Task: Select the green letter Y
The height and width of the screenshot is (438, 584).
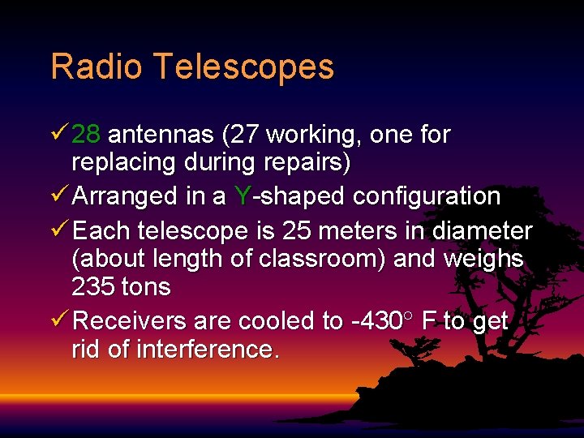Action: pyautogui.click(x=242, y=196)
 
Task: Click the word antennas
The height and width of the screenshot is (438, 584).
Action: pyautogui.click(x=161, y=135)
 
